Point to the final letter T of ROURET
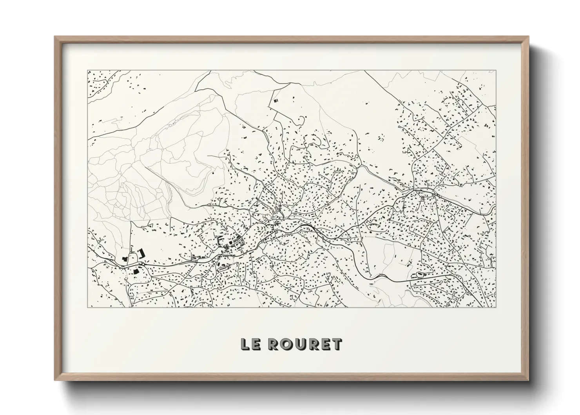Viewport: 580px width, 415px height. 337,345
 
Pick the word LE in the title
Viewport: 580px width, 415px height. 251,345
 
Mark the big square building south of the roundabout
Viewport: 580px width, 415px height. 137,271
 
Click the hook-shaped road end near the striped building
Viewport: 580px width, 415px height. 301,118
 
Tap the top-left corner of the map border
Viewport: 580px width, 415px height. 87,71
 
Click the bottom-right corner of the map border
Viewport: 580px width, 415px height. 496,307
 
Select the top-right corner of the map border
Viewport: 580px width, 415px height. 496,71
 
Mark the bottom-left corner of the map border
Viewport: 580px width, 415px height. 87,307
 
